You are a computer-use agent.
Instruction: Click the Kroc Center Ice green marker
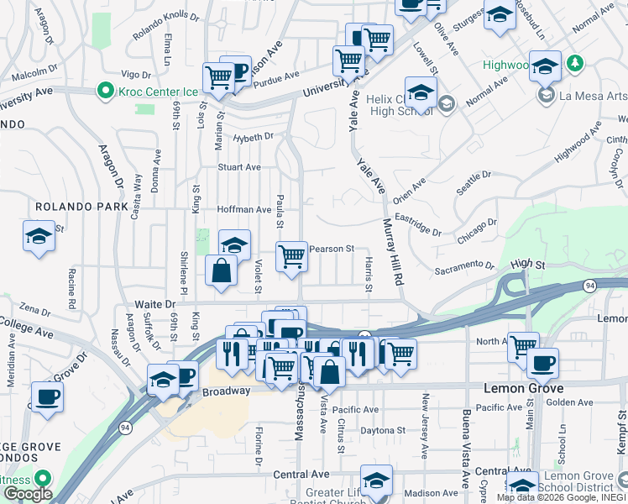point(105,89)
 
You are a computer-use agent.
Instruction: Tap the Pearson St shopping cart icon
point(291,255)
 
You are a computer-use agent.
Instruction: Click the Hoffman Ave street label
point(243,209)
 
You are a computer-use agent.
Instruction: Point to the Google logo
point(27,494)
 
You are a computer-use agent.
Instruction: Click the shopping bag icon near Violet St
point(221,270)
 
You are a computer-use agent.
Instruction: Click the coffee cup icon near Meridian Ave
point(47,396)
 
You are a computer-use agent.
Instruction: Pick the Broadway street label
point(225,391)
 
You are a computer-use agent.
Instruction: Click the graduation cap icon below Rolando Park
point(39,235)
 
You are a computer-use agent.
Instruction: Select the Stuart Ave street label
point(239,167)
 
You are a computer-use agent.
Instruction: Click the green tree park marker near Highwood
point(575,63)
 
